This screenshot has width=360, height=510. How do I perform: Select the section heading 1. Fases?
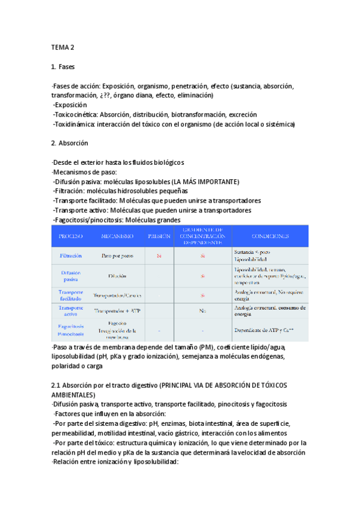[x=63, y=66]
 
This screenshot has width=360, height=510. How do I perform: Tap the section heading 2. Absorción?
[x=70, y=143]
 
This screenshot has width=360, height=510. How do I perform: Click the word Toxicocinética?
[x=76, y=114]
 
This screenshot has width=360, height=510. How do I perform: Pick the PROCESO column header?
[x=70, y=237]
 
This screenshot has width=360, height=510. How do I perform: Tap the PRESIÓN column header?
[x=159, y=237]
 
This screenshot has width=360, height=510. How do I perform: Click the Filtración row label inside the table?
[x=70, y=256]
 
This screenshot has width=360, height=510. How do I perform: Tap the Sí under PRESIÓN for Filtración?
[x=159, y=256]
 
